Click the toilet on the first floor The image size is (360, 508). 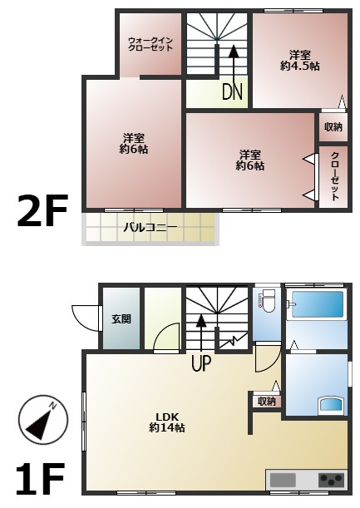(268, 301)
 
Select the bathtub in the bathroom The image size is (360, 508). (318, 304)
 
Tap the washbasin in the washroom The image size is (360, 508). (330, 405)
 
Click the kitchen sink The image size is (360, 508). (283, 480)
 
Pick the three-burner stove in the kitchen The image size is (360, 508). (331, 480)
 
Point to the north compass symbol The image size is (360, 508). (43, 419)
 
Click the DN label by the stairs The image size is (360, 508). (232, 91)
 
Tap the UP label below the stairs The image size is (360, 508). (201, 363)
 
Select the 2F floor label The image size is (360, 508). (42, 210)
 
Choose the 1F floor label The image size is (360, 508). (40, 479)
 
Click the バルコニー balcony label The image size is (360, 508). (150, 228)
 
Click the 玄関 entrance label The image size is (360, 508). (121, 319)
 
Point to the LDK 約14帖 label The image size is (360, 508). (167, 422)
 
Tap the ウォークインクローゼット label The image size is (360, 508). (150, 44)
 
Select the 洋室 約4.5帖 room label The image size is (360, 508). (300, 60)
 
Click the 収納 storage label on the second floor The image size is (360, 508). (333, 126)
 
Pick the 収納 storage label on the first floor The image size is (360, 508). (267, 402)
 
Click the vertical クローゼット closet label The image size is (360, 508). (335, 176)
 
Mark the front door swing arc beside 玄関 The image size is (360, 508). (85, 318)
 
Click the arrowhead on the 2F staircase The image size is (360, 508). (232, 52)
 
